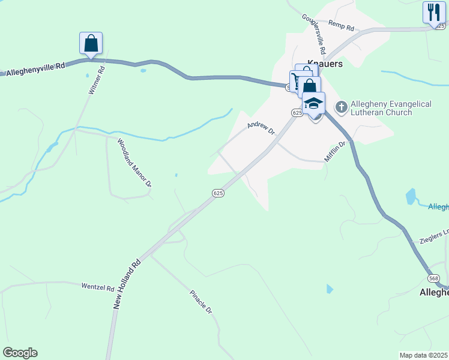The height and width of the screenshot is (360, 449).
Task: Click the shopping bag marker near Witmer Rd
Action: [x=91, y=44]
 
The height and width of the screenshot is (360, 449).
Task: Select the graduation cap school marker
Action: [x=313, y=103]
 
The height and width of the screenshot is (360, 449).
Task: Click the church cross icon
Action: [x=342, y=107]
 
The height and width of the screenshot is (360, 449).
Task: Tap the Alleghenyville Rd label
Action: [x=35, y=70]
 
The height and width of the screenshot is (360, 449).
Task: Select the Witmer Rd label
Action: [x=96, y=80]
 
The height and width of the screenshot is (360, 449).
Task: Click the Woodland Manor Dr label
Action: [x=134, y=163]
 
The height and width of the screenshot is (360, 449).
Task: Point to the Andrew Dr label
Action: [x=261, y=127]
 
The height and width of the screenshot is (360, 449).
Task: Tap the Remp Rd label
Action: [x=342, y=25]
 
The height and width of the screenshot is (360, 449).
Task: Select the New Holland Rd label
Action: [x=127, y=284]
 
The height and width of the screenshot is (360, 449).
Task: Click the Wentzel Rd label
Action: [x=97, y=287]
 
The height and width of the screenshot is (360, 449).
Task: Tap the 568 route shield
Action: [x=433, y=279]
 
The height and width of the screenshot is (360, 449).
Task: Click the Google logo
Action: [x=20, y=353]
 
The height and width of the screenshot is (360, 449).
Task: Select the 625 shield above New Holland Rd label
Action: [x=218, y=193]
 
